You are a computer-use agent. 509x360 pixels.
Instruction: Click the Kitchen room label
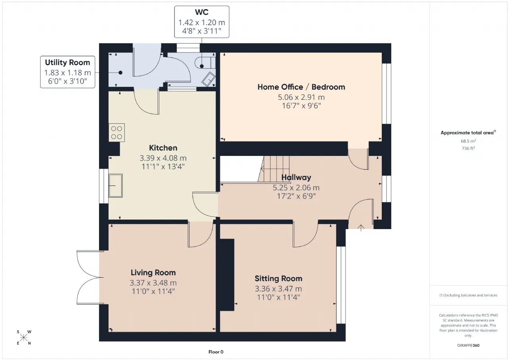(163, 148)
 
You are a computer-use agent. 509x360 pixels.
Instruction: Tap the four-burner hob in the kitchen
(117, 132)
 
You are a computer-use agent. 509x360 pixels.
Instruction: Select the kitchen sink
(115, 185)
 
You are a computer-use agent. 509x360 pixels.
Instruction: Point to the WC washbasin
(209, 79)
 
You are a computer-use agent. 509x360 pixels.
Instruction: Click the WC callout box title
(202, 12)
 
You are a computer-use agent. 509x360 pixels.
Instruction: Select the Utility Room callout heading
(68, 62)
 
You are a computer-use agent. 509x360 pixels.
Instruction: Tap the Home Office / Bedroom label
(301, 87)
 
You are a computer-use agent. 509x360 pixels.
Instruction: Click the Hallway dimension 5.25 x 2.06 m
(296, 188)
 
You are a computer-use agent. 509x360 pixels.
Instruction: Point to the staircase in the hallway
(274, 169)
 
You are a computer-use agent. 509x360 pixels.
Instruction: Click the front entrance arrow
(361, 228)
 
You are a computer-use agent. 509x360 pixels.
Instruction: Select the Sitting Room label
(278, 278)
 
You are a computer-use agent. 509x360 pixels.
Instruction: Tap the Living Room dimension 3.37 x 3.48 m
(153, 283)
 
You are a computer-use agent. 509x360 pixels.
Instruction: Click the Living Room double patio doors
(90, 277)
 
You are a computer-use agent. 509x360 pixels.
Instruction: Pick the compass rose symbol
(23, 337)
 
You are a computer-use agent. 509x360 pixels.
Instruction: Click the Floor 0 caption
(216, 352)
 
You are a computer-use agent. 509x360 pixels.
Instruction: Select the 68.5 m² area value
(468, 141)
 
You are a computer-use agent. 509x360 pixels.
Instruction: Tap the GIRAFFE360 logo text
(468, 345)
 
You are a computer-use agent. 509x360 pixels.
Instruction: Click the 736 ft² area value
(468, 148)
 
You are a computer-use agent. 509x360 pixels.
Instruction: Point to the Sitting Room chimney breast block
(227, 275)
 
